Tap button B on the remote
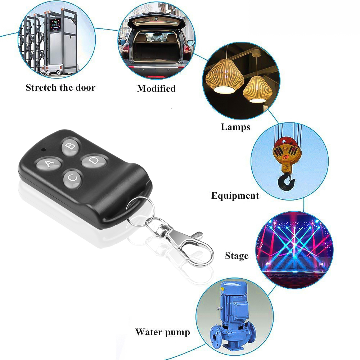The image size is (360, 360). [71, 146]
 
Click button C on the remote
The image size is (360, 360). [73, 178]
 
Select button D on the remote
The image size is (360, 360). [94, 161]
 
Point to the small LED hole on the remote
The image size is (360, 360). [43, 149]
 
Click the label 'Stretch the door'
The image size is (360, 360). [60, 87]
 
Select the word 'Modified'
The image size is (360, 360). [156, 89]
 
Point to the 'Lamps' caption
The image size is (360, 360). [235, 127]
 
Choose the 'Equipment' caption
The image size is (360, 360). [235, 196]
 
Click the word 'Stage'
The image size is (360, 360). [237, 256]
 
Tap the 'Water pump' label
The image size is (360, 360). [162, 332]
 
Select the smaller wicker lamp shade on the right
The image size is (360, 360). [257, 89]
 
